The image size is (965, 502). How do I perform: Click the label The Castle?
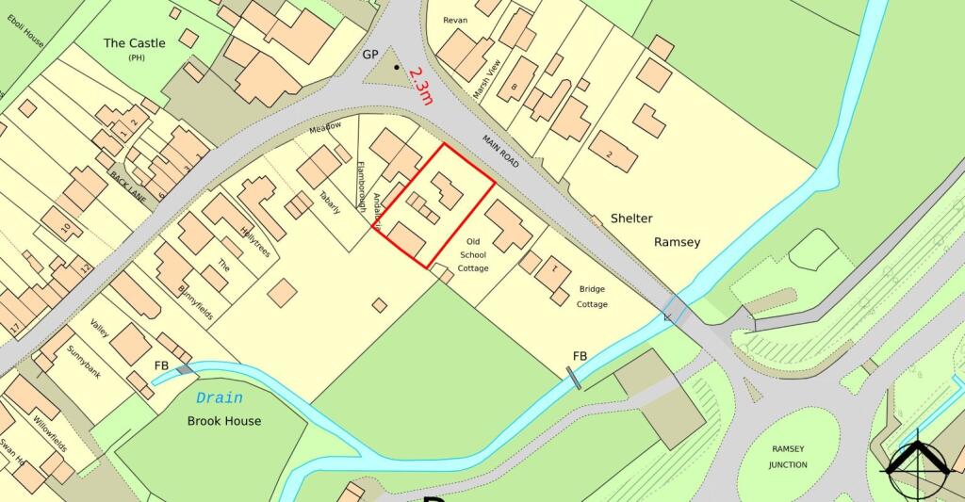click(134, 43)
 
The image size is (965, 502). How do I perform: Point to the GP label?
click(370, 55)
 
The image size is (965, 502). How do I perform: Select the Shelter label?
click(631, 219)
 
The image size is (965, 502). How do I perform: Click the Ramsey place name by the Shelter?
click(677, 242)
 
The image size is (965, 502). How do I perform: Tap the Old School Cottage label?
click(473, 254)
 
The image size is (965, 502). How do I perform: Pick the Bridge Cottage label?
click(593, 297)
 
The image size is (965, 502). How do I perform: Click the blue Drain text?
click(219, 397)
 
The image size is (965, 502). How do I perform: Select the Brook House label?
click(224, 420)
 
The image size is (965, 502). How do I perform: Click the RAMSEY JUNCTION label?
click(788, 457)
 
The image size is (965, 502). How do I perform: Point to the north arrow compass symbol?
click(915, 466)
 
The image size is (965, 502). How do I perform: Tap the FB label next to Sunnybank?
click(162, 364)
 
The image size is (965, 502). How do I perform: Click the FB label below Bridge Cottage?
click(581, 355)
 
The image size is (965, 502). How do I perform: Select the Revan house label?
click(455, 19)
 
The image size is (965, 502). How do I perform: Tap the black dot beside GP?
click(397, 68)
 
